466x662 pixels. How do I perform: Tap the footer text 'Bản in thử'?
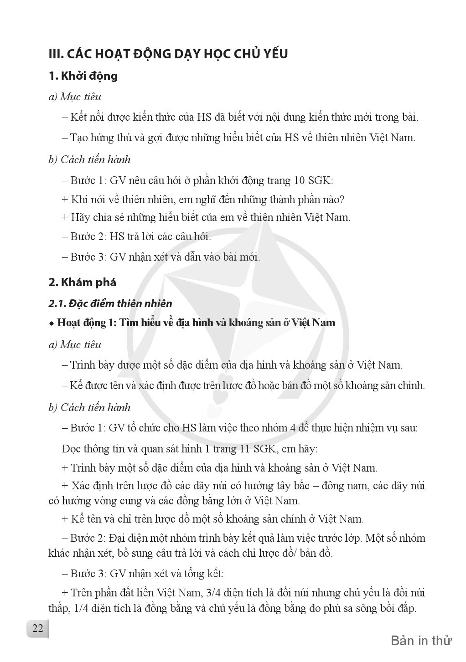tap(421, 641)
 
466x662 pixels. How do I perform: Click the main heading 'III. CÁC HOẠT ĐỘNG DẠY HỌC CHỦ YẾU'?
tap(168, 54)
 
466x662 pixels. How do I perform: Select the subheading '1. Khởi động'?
tap(83, 76)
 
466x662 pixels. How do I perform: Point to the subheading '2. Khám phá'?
tap(82, 282)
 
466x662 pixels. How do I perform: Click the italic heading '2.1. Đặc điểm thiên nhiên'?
tap(110, 303)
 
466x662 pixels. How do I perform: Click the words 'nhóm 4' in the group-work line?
tap(284, 428)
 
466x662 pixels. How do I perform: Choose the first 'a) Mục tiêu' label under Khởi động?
tap(75, 97)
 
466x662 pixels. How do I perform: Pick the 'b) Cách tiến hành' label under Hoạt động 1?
tap(89, 407)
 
